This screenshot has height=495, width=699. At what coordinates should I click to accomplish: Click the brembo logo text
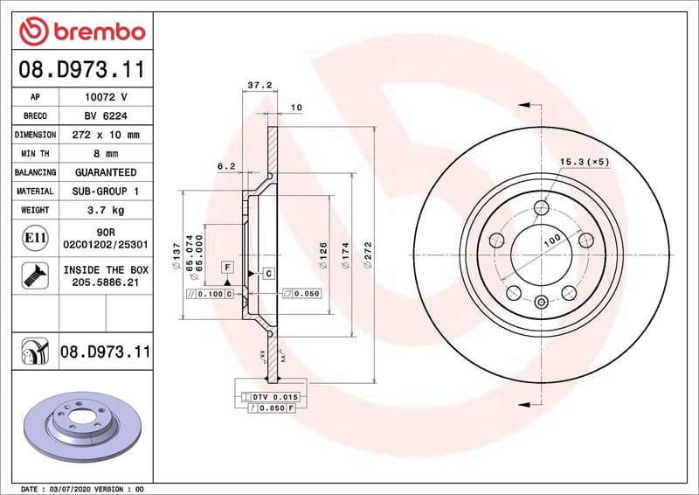[97, 32]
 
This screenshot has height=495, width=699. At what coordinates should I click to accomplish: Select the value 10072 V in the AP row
[105, 98]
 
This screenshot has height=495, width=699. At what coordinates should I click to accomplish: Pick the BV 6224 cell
[105, 116]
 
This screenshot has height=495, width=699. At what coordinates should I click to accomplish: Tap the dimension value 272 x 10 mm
[105, 135]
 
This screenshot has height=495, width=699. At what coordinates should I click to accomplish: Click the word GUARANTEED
[105, 172]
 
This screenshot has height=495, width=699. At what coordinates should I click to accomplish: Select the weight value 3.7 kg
[105, 210]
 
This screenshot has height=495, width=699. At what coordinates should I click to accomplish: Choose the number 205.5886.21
[106, 282]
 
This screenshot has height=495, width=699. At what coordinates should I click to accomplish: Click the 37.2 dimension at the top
[256, 85]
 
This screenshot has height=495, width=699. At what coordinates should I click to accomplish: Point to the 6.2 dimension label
[226, 165]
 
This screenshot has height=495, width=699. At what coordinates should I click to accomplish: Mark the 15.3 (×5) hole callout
[585, 162]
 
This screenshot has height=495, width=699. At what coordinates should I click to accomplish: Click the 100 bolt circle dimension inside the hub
[551, 240]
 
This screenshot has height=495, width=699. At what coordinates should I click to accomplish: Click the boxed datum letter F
[227, 266]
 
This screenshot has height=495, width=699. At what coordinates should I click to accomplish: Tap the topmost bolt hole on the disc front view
[542, 207]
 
